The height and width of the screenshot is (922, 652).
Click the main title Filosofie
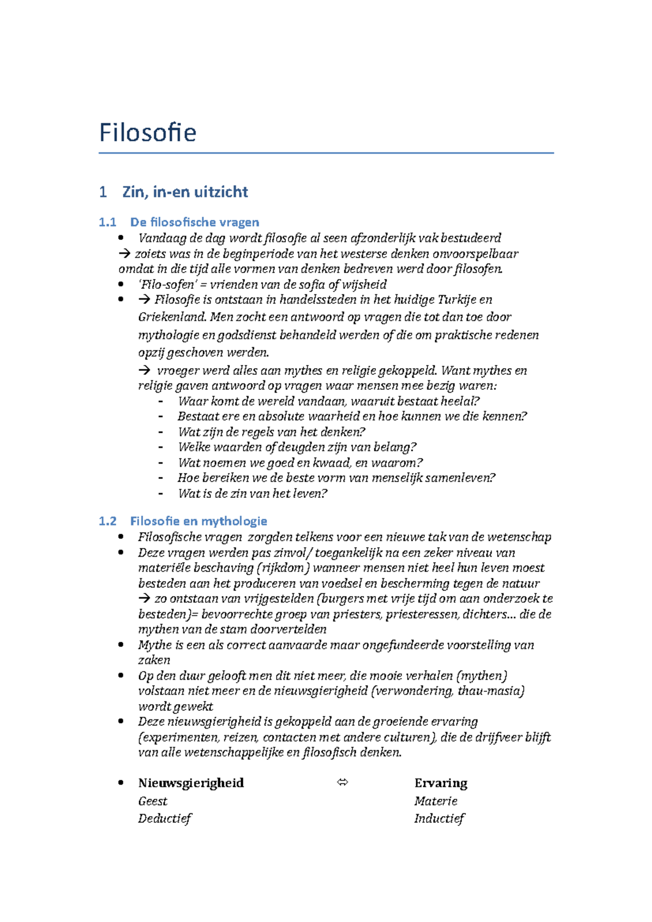(x=147, y=132)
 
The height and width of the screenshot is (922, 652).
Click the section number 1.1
(x=108, y=222)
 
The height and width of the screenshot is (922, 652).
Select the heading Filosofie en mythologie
(x=198, y=521)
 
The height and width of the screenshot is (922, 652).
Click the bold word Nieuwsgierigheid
(x=191, y=783)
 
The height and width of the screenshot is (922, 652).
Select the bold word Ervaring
(x=440, y=783)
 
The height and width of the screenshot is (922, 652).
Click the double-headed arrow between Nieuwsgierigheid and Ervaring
(x=342, y=782)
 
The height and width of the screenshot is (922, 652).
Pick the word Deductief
(x=165, y=818)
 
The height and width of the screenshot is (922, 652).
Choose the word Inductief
(x=439, y=818)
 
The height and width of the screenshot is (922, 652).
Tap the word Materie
(x=435, y=801)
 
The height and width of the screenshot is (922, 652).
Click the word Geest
(x=153, y=801)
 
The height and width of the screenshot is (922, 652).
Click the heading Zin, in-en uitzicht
(x=185, y=192)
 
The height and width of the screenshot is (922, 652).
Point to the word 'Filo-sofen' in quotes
(x=166, y=285)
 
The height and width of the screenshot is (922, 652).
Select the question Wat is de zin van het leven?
(x=252, y=494)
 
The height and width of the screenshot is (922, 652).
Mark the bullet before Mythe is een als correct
(x=121, y=645)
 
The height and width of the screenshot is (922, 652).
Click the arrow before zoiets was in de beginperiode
(x=124, y=254)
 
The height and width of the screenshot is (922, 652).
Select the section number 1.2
(x=108, y=521)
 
